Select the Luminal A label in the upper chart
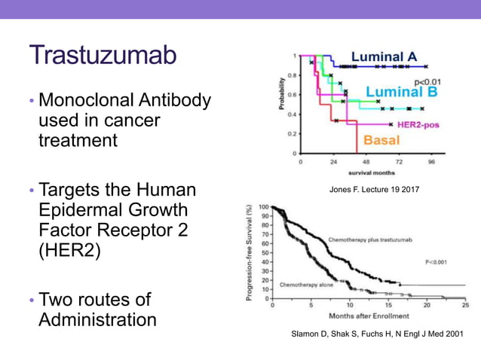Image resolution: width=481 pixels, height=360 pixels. [x=384, y=56]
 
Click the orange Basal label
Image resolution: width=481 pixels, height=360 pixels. [x=382, y=140]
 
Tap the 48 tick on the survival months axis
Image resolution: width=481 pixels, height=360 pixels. [x=366, y=161]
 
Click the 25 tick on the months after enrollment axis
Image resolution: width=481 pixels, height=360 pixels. [x=465, y=306]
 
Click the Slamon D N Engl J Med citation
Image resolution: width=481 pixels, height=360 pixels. [x=376, y=333]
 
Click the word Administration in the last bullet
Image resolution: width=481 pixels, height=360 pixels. [x=97, y=319]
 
